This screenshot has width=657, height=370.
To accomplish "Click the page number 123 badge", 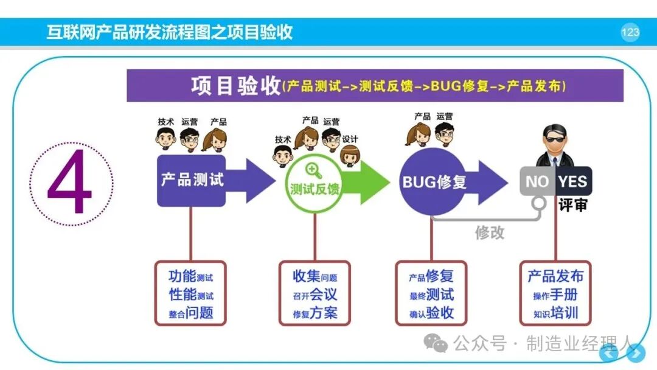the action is [630, 32].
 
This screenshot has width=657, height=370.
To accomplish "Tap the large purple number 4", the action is [69, 182].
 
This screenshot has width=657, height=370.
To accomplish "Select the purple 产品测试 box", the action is [192, 181].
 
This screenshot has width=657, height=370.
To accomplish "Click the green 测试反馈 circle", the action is [315, 184].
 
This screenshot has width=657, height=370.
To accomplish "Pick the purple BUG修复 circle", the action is [433, 182].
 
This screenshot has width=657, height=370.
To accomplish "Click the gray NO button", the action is [538, 181].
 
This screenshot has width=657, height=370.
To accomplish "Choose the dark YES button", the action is [573, 181].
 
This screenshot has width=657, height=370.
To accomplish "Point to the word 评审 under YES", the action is [573, 205].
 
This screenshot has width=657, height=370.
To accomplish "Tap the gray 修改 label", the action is [489, 232].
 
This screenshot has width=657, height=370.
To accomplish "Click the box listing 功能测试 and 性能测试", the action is [190, 293].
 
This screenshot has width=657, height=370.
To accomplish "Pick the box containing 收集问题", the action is [315, 293].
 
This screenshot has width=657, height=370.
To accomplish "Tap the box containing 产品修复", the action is [431, 293].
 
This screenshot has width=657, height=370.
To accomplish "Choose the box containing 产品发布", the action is [555, 293].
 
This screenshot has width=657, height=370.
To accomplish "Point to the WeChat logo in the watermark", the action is [436, 343].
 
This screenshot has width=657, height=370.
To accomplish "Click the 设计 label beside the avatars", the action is [350, 139].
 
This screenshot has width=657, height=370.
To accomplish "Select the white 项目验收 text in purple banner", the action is [236, 86].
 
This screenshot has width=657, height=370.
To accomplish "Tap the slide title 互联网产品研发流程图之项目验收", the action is [169, 32].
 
